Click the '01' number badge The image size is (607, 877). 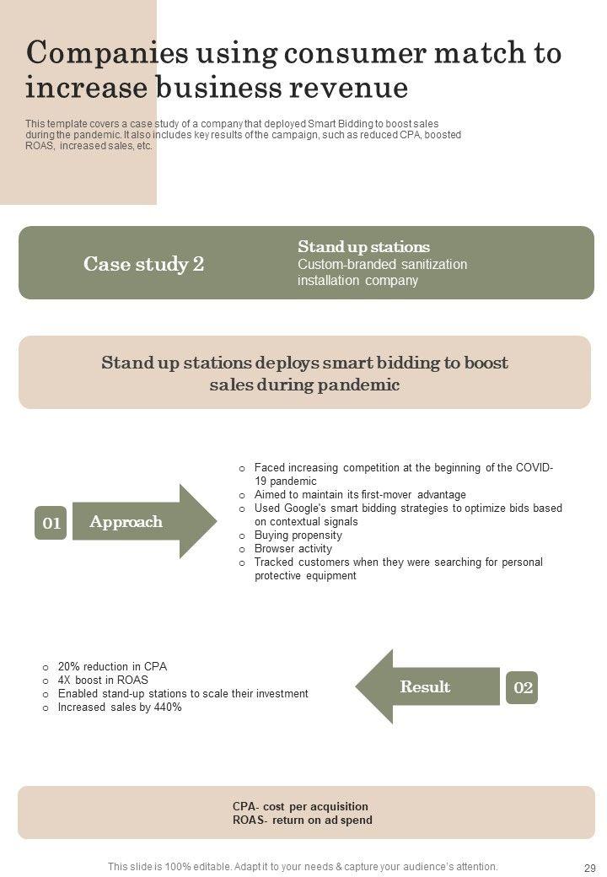[51, 523]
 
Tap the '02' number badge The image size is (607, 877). [523, 687]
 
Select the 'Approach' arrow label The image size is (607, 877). [126, 522]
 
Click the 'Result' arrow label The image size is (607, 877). [425, 687]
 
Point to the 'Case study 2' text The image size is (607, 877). [143, 264]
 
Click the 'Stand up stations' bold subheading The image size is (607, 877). [363, 246]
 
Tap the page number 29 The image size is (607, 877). [589, 867]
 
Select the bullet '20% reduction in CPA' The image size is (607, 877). [112, 666]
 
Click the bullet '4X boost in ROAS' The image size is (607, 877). [103, 680]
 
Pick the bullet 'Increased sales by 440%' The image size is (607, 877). [120, 708]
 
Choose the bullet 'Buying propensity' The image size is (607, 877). [298, 535]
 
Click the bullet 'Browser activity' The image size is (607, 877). [293, 548]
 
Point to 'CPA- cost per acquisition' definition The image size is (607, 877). [300, 806]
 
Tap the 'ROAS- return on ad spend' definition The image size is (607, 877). [302, 820]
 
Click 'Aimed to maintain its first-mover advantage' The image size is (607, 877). [360, 494]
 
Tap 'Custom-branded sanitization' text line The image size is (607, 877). [382, 264]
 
